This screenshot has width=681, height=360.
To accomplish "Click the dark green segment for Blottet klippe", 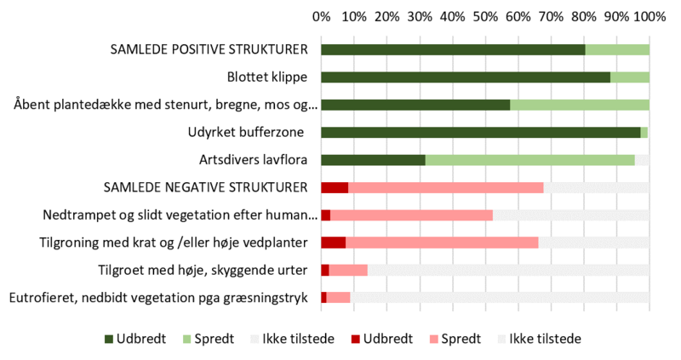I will (466, 77).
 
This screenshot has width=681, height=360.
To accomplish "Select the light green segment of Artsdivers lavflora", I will (529, 159).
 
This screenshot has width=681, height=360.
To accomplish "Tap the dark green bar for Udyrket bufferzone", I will (480, 132).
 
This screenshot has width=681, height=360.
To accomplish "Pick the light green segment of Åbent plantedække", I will (579, 105).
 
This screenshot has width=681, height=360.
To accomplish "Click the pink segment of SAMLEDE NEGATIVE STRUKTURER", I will (445, 187).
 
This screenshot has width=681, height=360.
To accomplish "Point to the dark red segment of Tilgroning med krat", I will (333, 243).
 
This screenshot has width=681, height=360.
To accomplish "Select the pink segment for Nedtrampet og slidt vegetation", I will (411, 214).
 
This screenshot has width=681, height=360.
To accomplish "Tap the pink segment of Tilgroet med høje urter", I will (348, 270).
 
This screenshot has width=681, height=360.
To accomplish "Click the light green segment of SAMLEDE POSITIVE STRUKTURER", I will (617, 49).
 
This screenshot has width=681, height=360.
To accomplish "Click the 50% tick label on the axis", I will (485, 16).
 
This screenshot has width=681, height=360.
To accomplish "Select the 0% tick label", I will (322, 16).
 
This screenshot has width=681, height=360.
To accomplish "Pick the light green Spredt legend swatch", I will (189, 339).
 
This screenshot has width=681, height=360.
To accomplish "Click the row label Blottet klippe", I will (267, 77).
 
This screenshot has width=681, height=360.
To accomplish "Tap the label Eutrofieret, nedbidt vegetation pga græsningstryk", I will (157, 297).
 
